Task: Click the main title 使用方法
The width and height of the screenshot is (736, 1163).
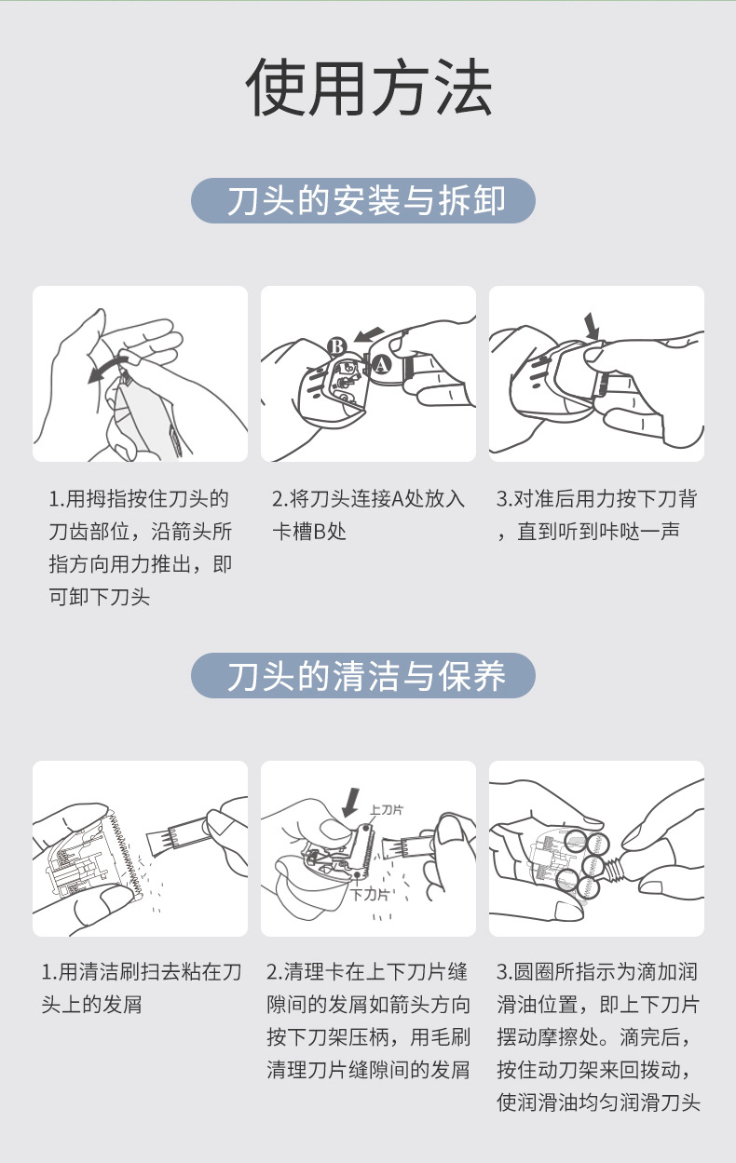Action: pyautogui.click(x=368, y=89)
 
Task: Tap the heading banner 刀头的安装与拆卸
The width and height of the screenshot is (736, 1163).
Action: pyautogui.click(x=363, y=201)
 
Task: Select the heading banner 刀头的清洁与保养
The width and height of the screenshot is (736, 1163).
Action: pyautogui.click(x=363, y=676)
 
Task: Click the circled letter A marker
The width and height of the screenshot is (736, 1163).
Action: pyautogui.click(x=381, y=364)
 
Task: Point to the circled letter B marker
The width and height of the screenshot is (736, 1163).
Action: pyautogui.click(x=337, y=347)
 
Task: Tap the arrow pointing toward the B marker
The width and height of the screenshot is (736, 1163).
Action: pyautogui.click(x=370, y=333)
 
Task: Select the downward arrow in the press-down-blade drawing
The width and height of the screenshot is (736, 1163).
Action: pyautogui.click(x=591, y=326)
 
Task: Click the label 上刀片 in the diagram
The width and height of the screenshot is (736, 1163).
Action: pyautogui.click(x=386, y=809)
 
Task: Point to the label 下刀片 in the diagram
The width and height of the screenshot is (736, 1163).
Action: pyautogui.click(x=369, y=895)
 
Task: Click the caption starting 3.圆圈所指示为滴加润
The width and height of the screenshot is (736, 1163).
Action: pyautogui.click(x=597, y=1037)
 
